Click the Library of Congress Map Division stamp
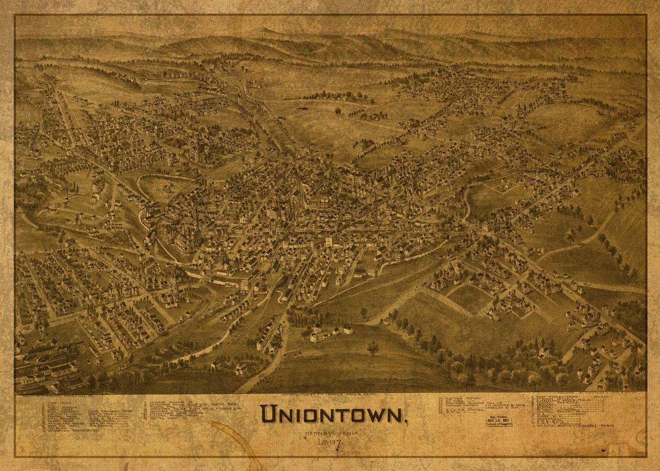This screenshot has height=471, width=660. point(499,421)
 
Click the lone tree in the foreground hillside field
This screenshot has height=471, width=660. point(373,348)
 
